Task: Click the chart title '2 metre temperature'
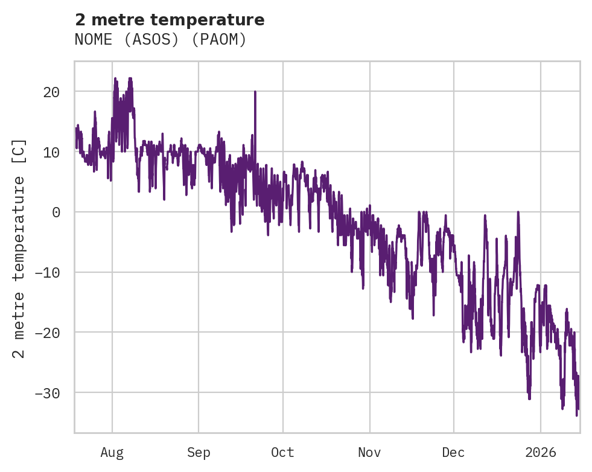click(170, 20)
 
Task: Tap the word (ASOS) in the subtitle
click(156, 40)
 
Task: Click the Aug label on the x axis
click(112, 452)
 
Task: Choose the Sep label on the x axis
click(199, 452)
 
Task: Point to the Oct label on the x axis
click(282, 452)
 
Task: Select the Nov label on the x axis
click(369, 452)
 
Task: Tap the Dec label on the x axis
click(453, 452)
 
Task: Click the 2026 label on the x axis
click(541, 452)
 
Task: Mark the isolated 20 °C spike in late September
click(255, 92)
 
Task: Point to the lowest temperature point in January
click(577, 415)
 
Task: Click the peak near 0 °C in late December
click(518, 212)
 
